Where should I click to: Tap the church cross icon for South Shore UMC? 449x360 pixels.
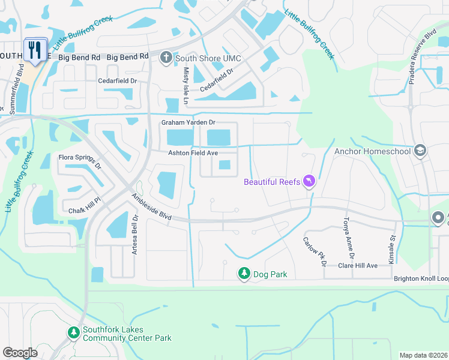pyautogui.click(x=166, y=57)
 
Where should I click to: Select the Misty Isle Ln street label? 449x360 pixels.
pyautogui.click(x=185, y=86)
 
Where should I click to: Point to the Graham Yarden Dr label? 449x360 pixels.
pyautogui.click(x=188, y=123)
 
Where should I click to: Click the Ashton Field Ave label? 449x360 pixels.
pyautogui.click(x=192, y=153)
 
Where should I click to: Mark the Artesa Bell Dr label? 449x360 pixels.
pyautogui.click(x=135, y=234)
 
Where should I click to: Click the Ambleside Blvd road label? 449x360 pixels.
pyautogui.click(x=152, y=207)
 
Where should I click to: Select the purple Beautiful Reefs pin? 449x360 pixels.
pyautogui.click(x=309, y=181)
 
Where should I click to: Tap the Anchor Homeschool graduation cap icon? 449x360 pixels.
pyautogui.click(x=420, y=151)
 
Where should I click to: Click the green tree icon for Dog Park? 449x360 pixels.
pyautogui.click(x=244, y=274)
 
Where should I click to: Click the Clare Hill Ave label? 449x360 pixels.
pyautogui.click(x=358, y=265)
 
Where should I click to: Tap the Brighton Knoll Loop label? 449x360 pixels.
pyautogui.click(x=420, y=279)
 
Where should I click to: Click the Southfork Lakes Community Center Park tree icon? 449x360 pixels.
pyautogui.click(x=73, y=332)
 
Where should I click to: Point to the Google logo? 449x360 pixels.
pyautogui.click(x=20, y=353)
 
